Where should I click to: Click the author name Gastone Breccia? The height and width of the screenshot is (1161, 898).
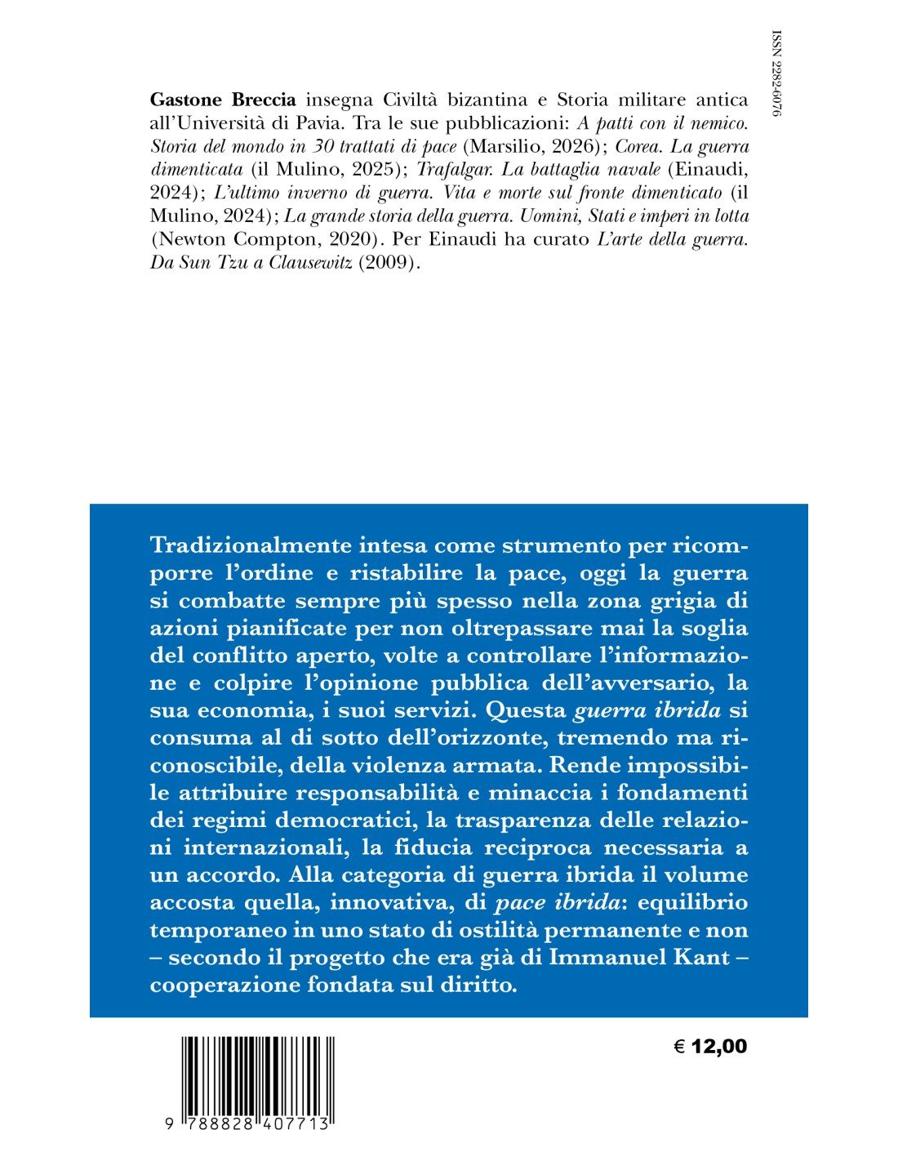coord(223,100)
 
